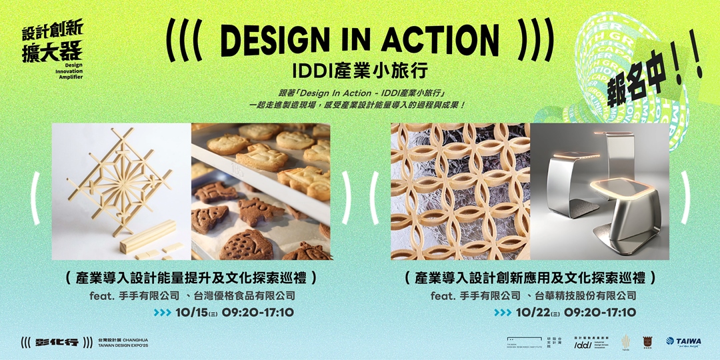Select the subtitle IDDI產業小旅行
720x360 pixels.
coord(360,70)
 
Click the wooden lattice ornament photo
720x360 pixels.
coord(121,191)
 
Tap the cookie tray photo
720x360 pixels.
coord(261,191)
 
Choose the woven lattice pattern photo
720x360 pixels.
coord(460,191)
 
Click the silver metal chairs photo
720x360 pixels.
coord(599,191)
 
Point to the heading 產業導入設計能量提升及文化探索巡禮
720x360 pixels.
coord(191,278)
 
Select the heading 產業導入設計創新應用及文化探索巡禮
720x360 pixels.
coord(531,278)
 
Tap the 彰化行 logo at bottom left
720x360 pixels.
coord(56,342)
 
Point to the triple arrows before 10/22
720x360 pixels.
coord(503,313)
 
